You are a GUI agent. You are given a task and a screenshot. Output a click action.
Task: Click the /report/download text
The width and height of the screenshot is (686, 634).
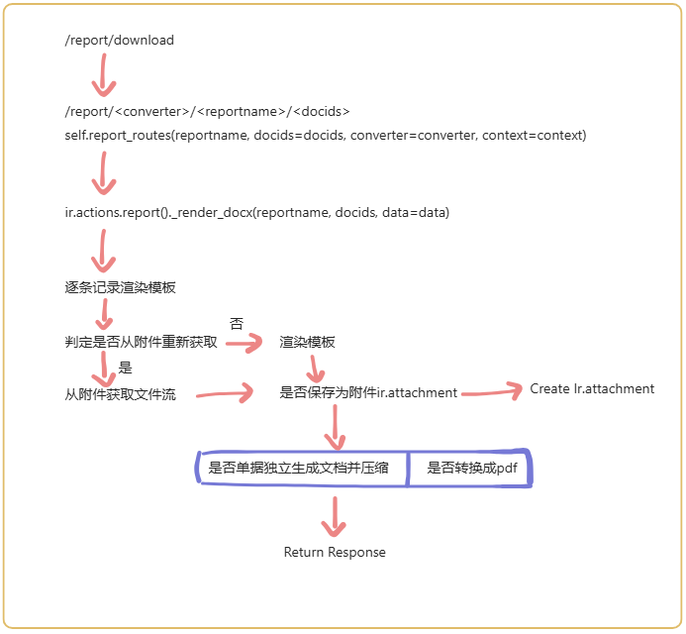(x=119, y=41)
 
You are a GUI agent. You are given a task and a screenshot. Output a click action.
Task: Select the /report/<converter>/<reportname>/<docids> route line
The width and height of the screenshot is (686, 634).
(x=207, y=111)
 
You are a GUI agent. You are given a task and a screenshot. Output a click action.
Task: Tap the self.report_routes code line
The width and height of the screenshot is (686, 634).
(x=325, y=135)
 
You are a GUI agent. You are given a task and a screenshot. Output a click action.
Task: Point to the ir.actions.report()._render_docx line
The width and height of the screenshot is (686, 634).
(x=256, y=213)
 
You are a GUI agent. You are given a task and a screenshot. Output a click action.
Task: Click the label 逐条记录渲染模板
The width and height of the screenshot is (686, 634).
(x=120, y=287)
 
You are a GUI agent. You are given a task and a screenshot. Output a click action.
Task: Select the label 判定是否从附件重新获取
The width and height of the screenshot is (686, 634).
(x=141, y=343)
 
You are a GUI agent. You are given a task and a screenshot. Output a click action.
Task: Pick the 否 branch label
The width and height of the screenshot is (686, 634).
(x=236, y=323)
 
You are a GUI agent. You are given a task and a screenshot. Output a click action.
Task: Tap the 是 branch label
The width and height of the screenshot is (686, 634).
(x=125, y=368)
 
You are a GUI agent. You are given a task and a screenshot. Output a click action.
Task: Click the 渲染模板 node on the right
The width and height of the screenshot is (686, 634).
(x=307, y=343)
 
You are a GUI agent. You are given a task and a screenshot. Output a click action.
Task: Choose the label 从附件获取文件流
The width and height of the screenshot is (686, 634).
(x=120, y=395)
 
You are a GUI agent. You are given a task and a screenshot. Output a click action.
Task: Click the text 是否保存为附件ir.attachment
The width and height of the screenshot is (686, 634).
(x=368, y=393)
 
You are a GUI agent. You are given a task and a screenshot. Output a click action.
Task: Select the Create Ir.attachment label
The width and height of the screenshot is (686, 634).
(x=592, y=389)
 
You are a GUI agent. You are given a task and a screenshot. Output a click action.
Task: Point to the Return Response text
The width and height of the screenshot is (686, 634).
(x=335, y=552)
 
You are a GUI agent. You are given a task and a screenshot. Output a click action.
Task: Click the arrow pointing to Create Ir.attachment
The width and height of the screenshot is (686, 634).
(x=491, y=393)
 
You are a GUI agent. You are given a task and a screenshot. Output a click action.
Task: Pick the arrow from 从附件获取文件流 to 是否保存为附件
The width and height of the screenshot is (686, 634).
(x=225, y=395)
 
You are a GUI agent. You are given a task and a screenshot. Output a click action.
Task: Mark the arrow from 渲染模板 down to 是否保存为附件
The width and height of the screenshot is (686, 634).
(x=314, y=370)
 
